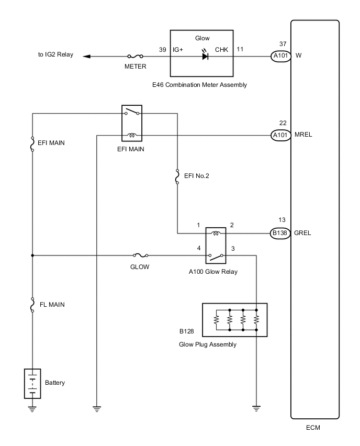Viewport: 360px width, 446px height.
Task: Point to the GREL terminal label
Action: [303, 233]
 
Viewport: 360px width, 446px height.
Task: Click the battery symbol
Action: [32, 383]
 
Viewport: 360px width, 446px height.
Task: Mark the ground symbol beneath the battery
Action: [32, 409]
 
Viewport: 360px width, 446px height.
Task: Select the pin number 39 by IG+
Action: [162, 49]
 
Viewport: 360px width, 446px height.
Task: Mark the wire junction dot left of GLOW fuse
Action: [32, 255]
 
